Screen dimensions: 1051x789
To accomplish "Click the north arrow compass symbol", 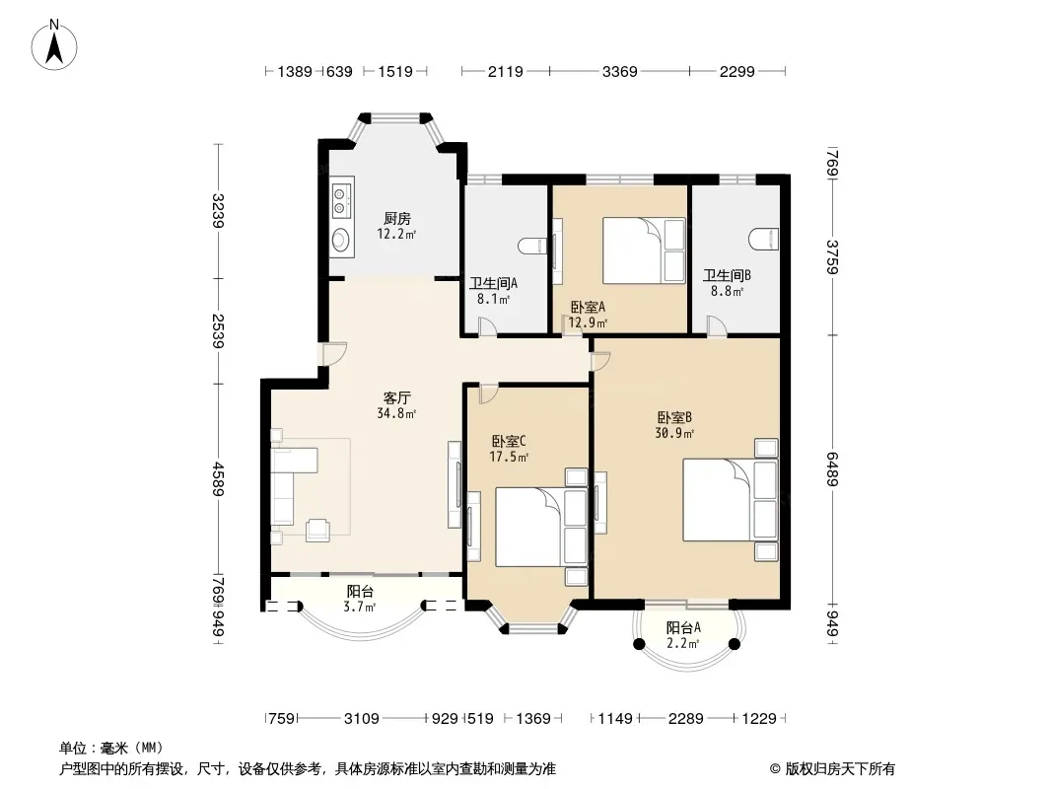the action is click(54, 44).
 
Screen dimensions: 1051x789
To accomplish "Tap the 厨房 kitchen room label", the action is click(396, 219).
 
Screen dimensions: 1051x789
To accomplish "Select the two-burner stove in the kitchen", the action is click(342, 198).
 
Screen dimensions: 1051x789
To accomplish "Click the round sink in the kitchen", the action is click(342, 240).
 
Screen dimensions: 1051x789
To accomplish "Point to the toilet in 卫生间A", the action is click(533, 246).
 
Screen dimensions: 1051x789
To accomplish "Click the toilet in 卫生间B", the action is click(765, 239).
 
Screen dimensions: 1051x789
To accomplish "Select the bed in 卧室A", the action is click(644, 251).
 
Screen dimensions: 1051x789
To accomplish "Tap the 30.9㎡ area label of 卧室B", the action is click(674, 434).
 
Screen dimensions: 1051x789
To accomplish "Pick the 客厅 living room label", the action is click(396, 398).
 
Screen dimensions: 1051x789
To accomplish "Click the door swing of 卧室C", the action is click(489, 394).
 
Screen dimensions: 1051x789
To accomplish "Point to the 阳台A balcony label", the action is click(683, 628).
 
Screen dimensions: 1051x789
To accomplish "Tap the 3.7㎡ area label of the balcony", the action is click(359, 608).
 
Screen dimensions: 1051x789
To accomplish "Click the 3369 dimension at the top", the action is click(619, 71).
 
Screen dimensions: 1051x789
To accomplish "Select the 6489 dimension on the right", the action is click(832, 469).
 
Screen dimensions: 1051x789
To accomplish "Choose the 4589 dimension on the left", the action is click(217, 478).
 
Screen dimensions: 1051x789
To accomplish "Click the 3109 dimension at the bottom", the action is click(361, 719).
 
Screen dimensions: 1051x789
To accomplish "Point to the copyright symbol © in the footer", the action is click(776, 769).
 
